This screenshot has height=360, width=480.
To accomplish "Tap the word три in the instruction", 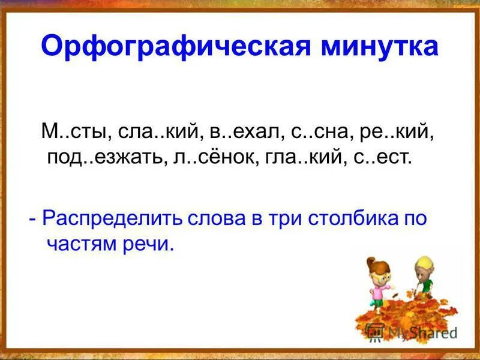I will click(284, 218).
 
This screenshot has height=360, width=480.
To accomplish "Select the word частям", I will click(77, 245).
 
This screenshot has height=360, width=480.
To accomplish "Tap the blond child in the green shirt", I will click(421, 279).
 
